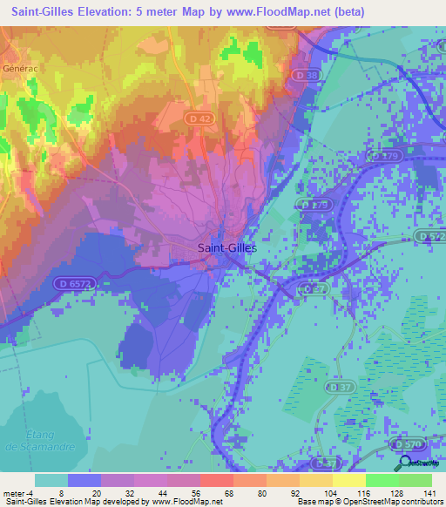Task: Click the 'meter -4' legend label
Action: (x=17, y=492)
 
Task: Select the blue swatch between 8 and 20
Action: (x=84, y=480)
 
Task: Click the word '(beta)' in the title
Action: (x=343, y=11)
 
